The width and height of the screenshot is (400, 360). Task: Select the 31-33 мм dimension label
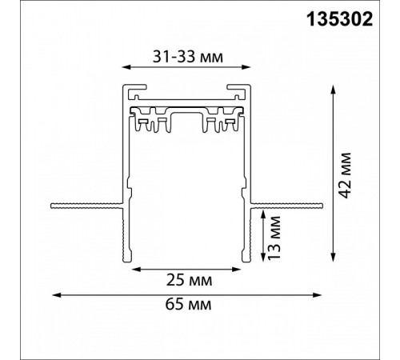[x=187, y=56]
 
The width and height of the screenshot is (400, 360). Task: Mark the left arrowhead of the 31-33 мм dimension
[x=125, y=69]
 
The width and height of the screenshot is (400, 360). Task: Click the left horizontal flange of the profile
[x=84, y=205]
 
